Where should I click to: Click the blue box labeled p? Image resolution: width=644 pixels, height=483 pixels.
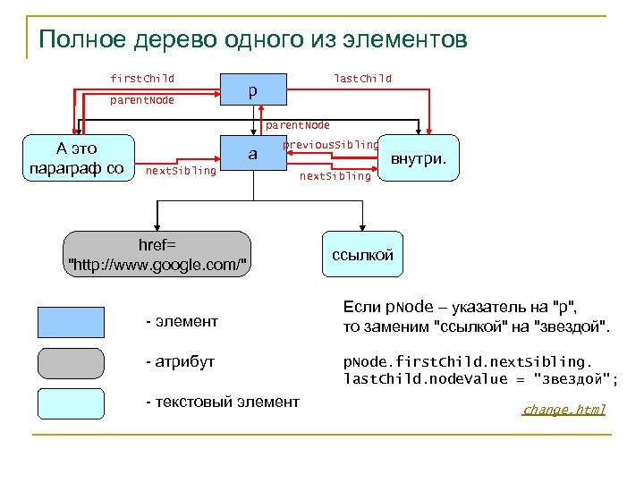click(x=253, y=90)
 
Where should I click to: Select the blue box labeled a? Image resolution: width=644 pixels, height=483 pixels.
click(x=253, y=154)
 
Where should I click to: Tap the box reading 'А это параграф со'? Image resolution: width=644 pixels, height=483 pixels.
click(x=77, y=157)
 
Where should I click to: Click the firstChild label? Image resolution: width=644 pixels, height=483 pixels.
click(x=142, y=79)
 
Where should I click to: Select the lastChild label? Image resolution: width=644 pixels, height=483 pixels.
click(x=362, y=79)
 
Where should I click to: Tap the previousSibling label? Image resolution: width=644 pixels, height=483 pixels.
click(x=330, y=144)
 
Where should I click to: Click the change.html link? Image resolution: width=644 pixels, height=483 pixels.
click(x=563, y=410)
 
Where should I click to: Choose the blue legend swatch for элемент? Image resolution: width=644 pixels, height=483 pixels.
click(x=71, y=320)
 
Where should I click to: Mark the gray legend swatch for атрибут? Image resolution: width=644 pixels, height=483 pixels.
click(x=71, y=362)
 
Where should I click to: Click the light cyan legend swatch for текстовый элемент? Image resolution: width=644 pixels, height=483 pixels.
click(x=71, y=403)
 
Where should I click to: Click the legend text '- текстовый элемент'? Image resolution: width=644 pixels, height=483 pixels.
click(x=222, y=402)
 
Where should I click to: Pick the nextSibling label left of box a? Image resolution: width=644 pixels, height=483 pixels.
click(x=181, y=170)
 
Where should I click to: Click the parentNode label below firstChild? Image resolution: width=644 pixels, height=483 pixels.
click(x=142, y=100)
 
